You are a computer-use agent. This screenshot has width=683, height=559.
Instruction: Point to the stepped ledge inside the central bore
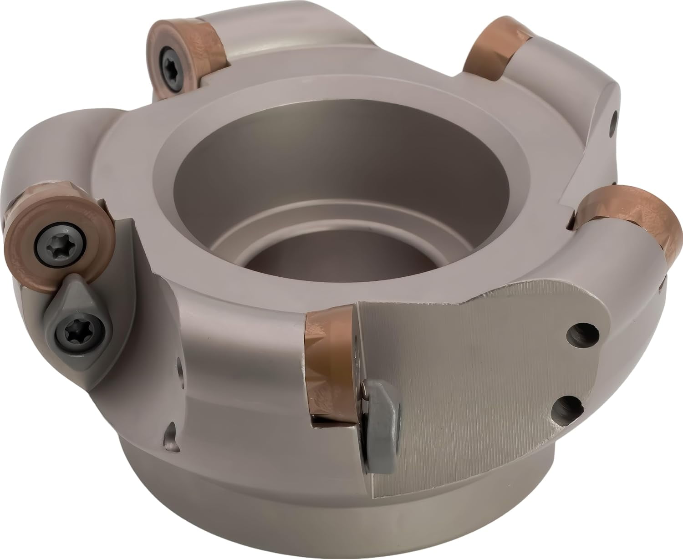click(255, 219)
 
